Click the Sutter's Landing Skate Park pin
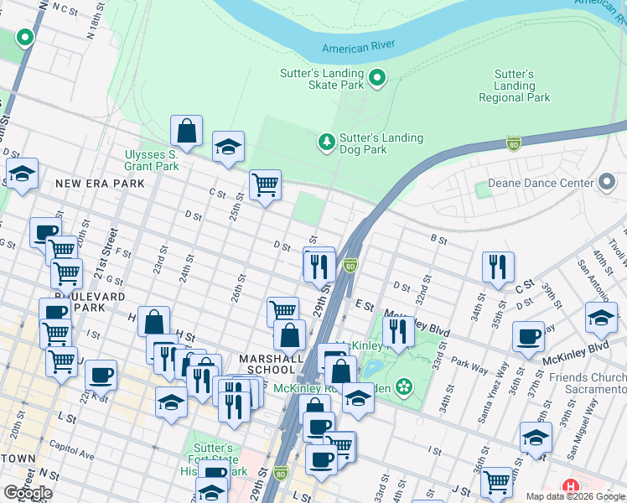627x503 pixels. (x=377, y=79)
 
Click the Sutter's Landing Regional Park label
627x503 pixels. (x=514, y=86)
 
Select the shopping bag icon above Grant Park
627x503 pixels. (x=186, y=131)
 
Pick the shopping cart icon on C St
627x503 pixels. (x=265, y=184)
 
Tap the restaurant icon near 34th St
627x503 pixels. (x=498, y=266)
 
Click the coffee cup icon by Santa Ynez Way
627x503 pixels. (x=528, y=336)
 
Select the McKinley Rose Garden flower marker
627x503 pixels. (x=405, y=386)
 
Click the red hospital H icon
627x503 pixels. (x=571, y=486)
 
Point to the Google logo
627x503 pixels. (x=28, y=493)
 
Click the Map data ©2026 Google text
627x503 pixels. (x=574, y=496)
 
